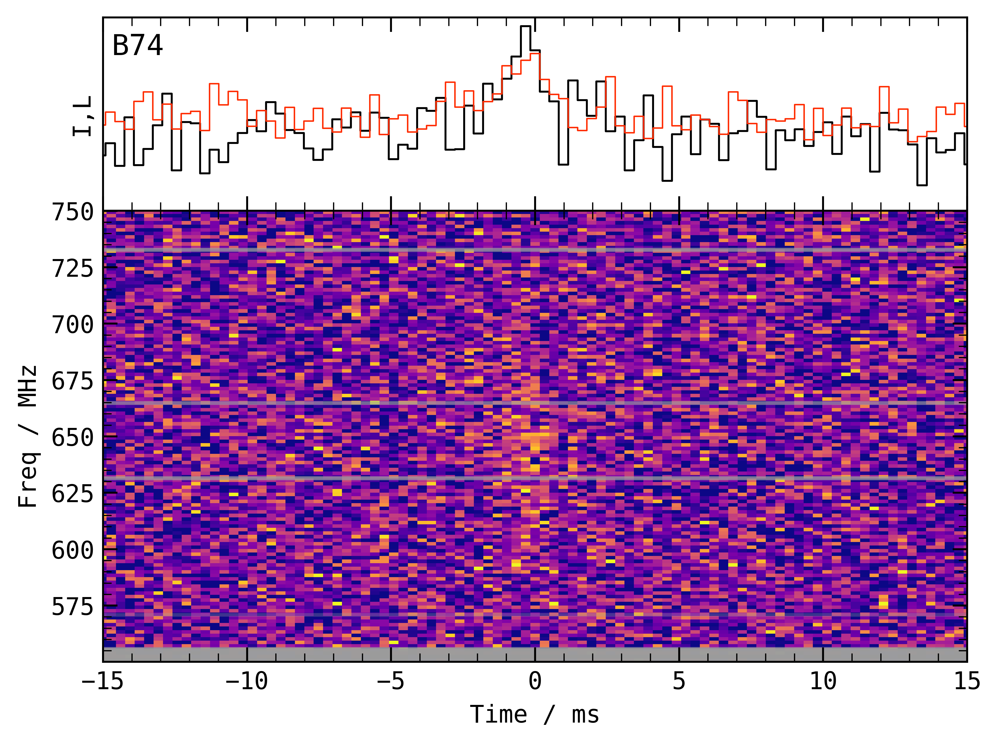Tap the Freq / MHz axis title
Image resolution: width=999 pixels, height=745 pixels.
pos(28,437)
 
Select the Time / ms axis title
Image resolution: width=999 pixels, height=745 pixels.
pos(534,715)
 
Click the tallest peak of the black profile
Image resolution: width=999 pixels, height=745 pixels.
pos(525,27)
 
